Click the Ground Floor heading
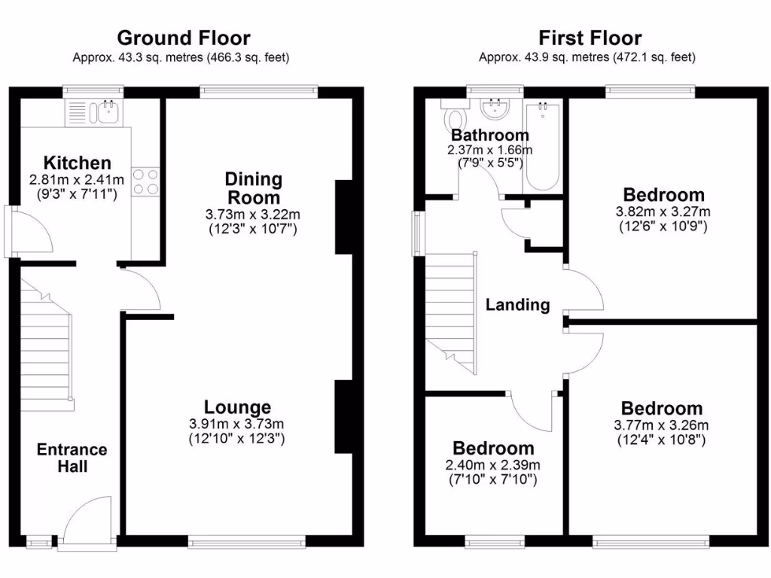(184, 38)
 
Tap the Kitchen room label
(77, 163)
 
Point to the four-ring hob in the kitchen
(145, 181)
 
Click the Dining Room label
(254, 189)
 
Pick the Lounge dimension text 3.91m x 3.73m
(236, 424)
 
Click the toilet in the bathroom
(455, 119)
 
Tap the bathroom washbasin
(495, 110)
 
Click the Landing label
(517, 305)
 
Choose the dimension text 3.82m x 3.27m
(663, 211)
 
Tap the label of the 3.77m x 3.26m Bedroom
(662, 409)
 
